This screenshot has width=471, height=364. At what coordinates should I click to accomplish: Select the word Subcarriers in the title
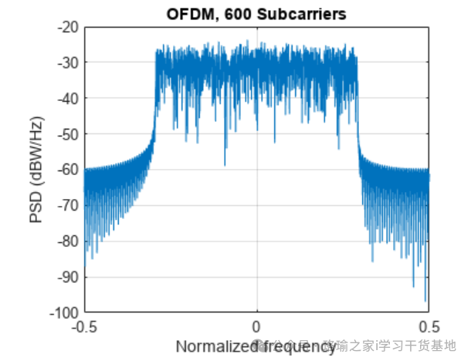click(x=286, y=13)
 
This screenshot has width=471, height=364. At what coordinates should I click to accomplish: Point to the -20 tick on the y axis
click(x=68, y=27)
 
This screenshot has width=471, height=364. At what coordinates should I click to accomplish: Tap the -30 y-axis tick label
click(x=68, y=62)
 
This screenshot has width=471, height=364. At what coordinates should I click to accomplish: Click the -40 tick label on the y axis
click(x=68, y=99)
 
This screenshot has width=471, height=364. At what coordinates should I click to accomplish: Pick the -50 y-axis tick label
click(x=68, y=134)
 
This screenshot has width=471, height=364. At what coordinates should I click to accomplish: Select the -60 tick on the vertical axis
click(x=68, y=170)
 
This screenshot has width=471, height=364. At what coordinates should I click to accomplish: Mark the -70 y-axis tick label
click(x=68, y=206)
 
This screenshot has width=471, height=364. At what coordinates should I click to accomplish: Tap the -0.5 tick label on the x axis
click(x=84, y=326)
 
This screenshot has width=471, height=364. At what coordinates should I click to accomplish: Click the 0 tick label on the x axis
click(x=256, y=326)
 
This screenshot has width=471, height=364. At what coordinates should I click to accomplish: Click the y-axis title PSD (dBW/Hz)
click(x=36, y=170)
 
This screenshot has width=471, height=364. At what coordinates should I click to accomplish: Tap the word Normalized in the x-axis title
click(x=212, y=346)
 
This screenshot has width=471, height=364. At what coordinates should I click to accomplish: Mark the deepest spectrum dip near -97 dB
click(x=425, y=301)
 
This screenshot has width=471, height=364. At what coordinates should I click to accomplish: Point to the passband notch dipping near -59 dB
click(x=225, y=164)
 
